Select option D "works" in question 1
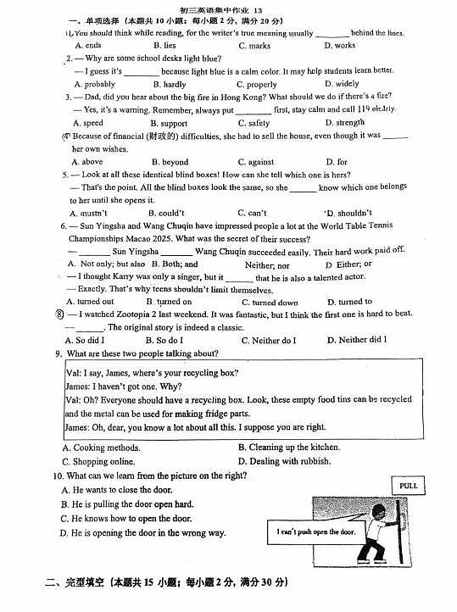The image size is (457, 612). pyautogui.click(x=340, y=46)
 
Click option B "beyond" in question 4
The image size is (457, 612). pyautogui.click(x=173, y=162)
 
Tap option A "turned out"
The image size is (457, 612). pyautogui.click(x=94, y=302)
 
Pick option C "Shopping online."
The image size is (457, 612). pyautogui.click(x=98, y=461)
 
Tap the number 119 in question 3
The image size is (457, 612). pyautogui.click(x=364, y=109)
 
